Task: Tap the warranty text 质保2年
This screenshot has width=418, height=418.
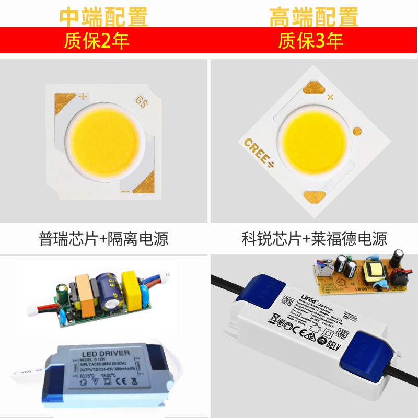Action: click(x=97, y=41)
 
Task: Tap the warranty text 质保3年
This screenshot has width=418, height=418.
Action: click(x=310, y=41)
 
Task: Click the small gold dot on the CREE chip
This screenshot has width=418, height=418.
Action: click(x=358, y=131)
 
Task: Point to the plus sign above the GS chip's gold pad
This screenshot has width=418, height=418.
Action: click(x=82, y=96)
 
